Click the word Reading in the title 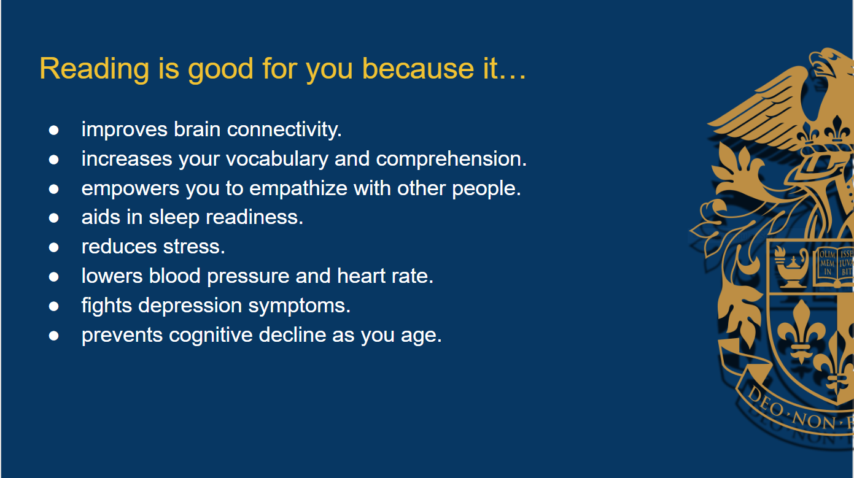[94, 69]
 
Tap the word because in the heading [418, 69]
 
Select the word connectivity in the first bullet [284, 129]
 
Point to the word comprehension [451, 160]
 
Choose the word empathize [298, 189]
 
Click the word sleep [174, 218]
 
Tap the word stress [194, 247]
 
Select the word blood [174, 276]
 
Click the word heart [361, 276]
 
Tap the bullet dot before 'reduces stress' [54, 248]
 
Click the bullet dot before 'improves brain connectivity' [54, 130]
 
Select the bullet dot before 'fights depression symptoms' [54, 306]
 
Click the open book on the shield [834, 267]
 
